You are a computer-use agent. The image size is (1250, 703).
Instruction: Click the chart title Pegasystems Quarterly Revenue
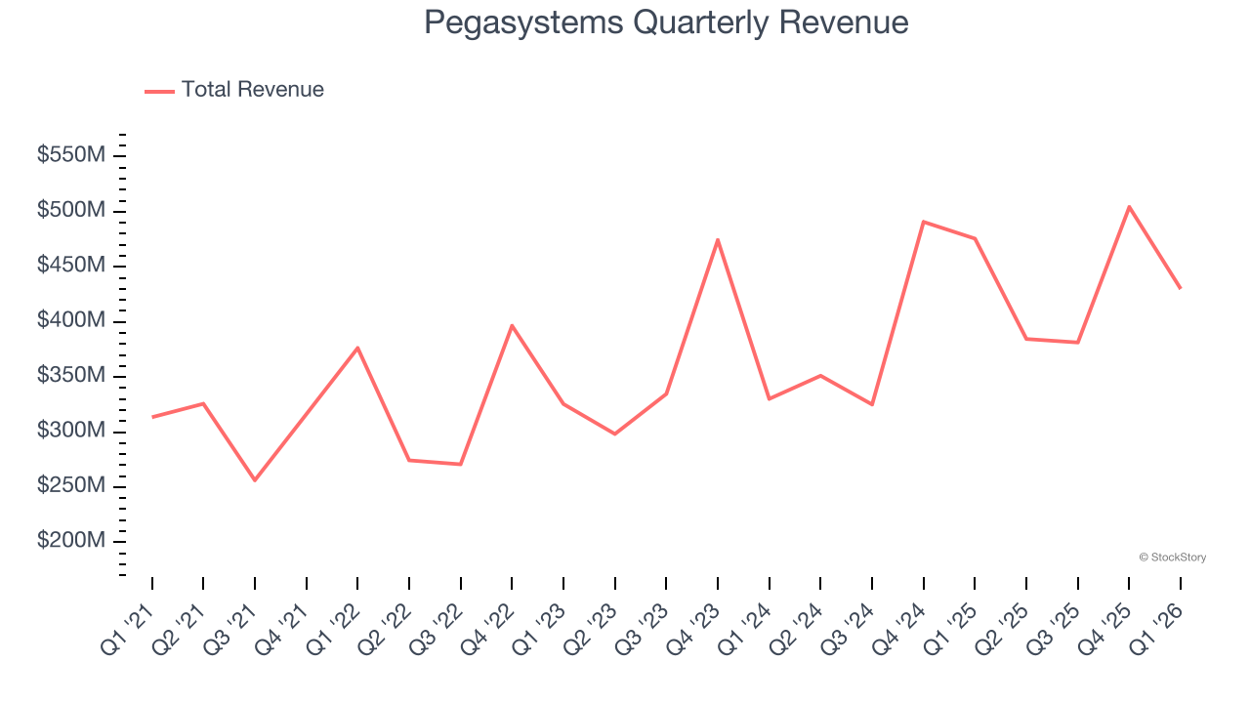pos(666,22)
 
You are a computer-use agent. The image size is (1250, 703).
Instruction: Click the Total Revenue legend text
pos(252,90)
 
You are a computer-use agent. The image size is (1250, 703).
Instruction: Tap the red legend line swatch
pos(159,91)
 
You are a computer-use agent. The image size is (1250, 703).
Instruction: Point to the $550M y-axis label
pos(71,155)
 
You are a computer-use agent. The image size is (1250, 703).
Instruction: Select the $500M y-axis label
pos(71,211)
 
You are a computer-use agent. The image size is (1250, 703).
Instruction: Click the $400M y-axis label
pos(71,321)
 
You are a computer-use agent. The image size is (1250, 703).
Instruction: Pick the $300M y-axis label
pos(71,432)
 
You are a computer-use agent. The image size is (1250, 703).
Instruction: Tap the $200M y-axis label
pos(71,542)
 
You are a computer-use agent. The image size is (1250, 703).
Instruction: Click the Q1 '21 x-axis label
pos(129,628)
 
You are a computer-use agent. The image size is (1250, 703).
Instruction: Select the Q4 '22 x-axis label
pos(488,628)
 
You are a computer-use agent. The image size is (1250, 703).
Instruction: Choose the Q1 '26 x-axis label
pos(1157,628)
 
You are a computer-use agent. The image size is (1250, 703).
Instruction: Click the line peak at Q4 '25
pos(1129,207)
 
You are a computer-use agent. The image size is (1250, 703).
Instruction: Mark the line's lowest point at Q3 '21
pos(255,479)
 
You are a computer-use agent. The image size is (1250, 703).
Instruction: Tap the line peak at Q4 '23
pos(718,240)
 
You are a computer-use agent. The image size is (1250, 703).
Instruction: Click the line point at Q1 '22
pos(357,348)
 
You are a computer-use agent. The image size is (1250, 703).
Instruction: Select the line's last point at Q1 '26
pos(1180,288)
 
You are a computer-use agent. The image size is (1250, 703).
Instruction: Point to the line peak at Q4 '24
pos(923,222)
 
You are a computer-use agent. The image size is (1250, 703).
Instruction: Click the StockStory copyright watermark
pos(1172,558)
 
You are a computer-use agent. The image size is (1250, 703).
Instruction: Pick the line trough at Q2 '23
pos(614,434)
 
